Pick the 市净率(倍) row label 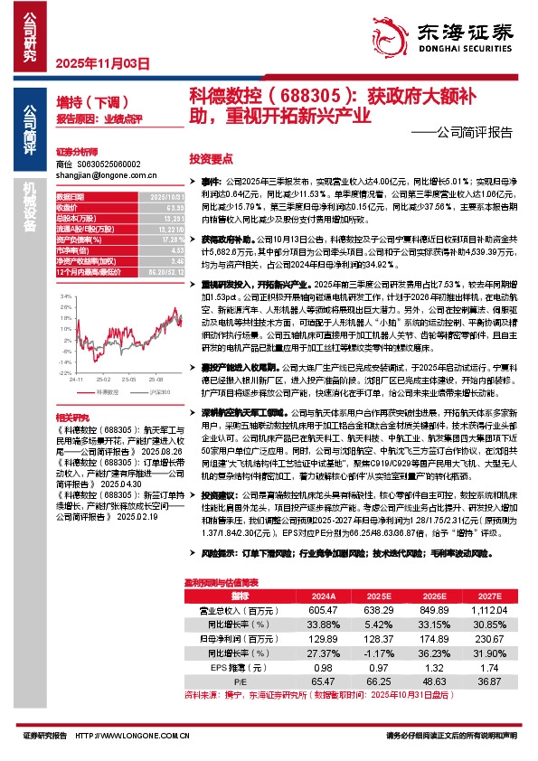(x=72, y=250)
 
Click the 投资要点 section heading (x=210, y=156)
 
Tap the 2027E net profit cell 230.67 (x=489, y=637)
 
